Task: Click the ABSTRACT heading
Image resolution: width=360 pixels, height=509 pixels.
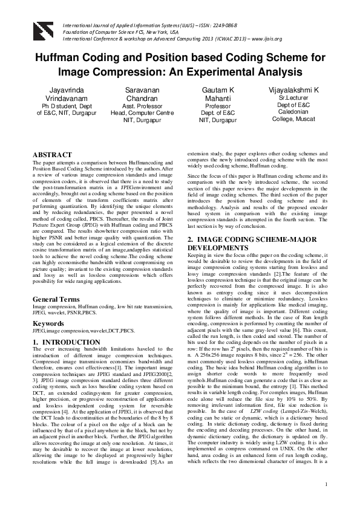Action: point(51,155)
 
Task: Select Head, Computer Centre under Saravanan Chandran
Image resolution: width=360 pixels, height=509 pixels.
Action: point(142,112)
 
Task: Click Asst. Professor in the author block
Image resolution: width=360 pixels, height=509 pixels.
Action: point(142,105)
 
